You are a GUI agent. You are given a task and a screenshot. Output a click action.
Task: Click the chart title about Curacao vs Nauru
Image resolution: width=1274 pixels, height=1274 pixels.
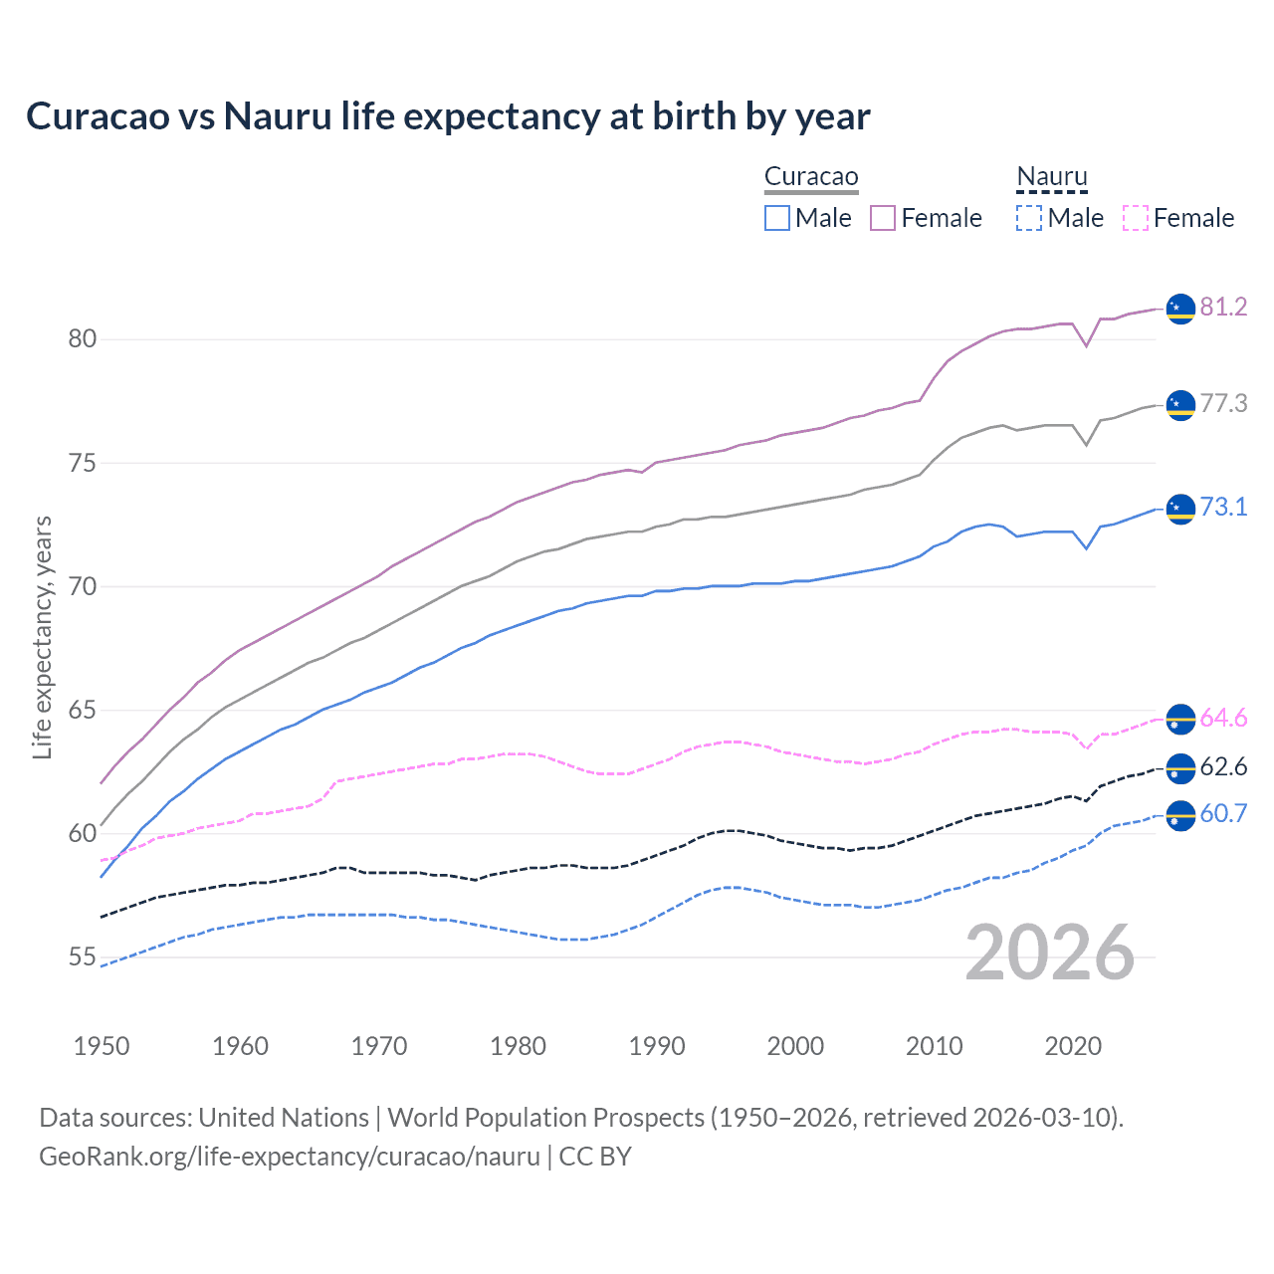tap(448, 116)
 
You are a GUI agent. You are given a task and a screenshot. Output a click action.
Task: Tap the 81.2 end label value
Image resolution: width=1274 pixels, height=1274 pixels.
tap(1223, 307)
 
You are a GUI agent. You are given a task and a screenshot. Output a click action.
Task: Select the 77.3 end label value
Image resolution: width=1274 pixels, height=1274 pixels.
tap(1223, 403)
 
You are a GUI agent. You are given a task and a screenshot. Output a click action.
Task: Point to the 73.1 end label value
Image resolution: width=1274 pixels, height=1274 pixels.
tap(1223, 507)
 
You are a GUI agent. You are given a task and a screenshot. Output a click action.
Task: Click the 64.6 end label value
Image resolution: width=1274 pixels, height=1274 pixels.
tap(1223, 718)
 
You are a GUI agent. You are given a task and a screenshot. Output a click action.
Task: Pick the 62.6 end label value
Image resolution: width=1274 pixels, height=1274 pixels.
tap(1223, 766)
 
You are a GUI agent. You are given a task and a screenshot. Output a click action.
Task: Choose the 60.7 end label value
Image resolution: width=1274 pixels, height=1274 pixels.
tap(1223, 813)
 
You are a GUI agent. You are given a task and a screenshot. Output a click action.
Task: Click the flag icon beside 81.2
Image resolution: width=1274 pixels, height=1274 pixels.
tap(1180, 309)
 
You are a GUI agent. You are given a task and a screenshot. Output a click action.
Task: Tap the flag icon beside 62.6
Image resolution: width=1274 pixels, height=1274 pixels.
tap(1180, 768)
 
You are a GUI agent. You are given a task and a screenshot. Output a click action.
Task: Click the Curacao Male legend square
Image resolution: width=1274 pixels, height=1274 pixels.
tap(777, 218)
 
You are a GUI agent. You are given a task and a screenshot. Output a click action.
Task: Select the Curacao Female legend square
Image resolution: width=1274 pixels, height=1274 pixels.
tap(883, 218)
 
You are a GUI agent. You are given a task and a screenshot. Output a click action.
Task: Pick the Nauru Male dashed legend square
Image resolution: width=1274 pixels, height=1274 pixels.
tap(1029, 218)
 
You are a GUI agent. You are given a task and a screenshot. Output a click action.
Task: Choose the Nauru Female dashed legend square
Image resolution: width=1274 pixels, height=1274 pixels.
tap(1136, 218)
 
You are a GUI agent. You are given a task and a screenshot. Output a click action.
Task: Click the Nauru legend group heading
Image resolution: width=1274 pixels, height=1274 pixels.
tap(1052, 177)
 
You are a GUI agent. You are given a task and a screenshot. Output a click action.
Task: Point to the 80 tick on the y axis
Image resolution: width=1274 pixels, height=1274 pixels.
tap(83, 339)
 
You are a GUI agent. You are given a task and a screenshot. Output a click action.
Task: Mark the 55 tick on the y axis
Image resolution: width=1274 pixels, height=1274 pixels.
tap(83, 957)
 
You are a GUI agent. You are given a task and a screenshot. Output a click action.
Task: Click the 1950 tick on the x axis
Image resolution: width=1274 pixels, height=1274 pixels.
tap(102, 1046)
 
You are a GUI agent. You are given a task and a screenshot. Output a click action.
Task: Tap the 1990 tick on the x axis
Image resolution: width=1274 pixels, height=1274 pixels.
tap(657, 1046)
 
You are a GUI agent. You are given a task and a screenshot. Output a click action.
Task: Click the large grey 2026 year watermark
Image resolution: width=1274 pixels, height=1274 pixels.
tap(1050, 953)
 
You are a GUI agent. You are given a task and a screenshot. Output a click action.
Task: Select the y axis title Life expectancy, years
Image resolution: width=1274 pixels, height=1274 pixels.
tap(42, 637)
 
